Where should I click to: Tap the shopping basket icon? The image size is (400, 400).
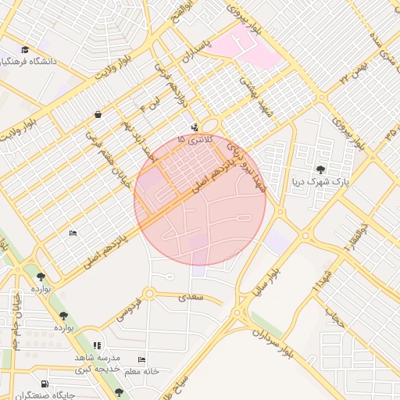click(x=98, y=115)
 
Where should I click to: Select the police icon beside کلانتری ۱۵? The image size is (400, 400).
click(x=194, y=127)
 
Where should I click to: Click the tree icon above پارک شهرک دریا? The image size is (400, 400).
click(x=320, y=170)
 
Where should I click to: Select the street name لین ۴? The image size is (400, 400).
click(x=149, y=103)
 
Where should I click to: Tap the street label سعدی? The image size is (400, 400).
click(x=191, y=297)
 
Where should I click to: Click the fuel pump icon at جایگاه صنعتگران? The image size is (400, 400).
click(x=45, y=384)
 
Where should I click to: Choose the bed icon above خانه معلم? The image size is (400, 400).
click(x=141, y=359)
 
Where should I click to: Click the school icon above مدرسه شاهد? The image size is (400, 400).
click(x=97, y=345)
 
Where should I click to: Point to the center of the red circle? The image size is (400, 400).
click(x=200, y=200)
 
